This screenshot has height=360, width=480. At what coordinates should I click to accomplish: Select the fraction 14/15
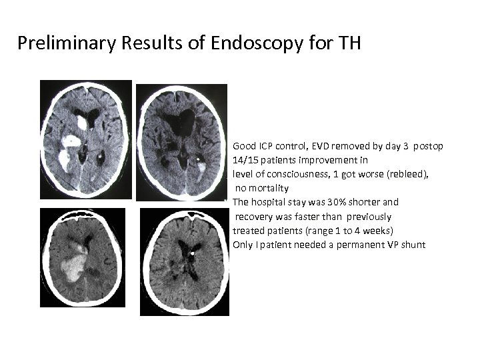click(244, 160)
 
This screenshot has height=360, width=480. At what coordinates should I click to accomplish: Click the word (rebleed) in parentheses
click(406, 174)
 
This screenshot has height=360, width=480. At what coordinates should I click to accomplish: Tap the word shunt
click(414, 245)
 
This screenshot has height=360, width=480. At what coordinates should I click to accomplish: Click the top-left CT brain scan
click(86, 141)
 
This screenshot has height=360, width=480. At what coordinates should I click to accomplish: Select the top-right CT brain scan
click(181, 141)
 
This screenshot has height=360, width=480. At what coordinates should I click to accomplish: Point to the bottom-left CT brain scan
click(82, 258)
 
